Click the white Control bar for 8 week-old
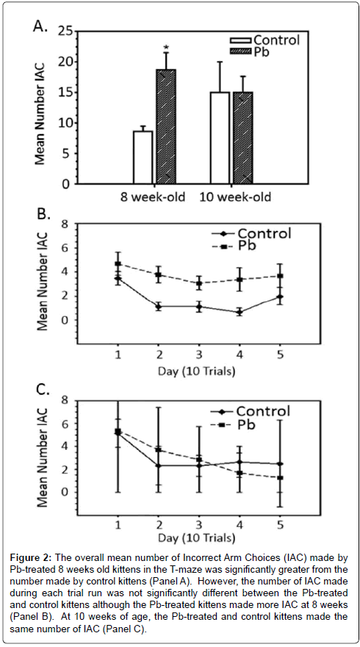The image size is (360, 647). coord(143,157)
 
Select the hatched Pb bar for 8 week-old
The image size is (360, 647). coord(166,126)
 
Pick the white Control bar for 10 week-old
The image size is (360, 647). coord(220,137)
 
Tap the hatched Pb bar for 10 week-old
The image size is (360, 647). coord(243,137)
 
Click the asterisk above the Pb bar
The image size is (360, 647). coord(167,45)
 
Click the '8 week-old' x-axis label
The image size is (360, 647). coord(153,197)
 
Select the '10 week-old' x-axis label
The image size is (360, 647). coord(235,197)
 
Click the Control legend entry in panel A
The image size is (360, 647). coord(264,40)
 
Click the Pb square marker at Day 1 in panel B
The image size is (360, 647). coord(118,264)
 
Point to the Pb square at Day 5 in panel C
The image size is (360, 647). coord(280,477)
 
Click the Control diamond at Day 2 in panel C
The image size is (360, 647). coord(159,466)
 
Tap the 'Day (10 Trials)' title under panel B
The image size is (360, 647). coord(197,372)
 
